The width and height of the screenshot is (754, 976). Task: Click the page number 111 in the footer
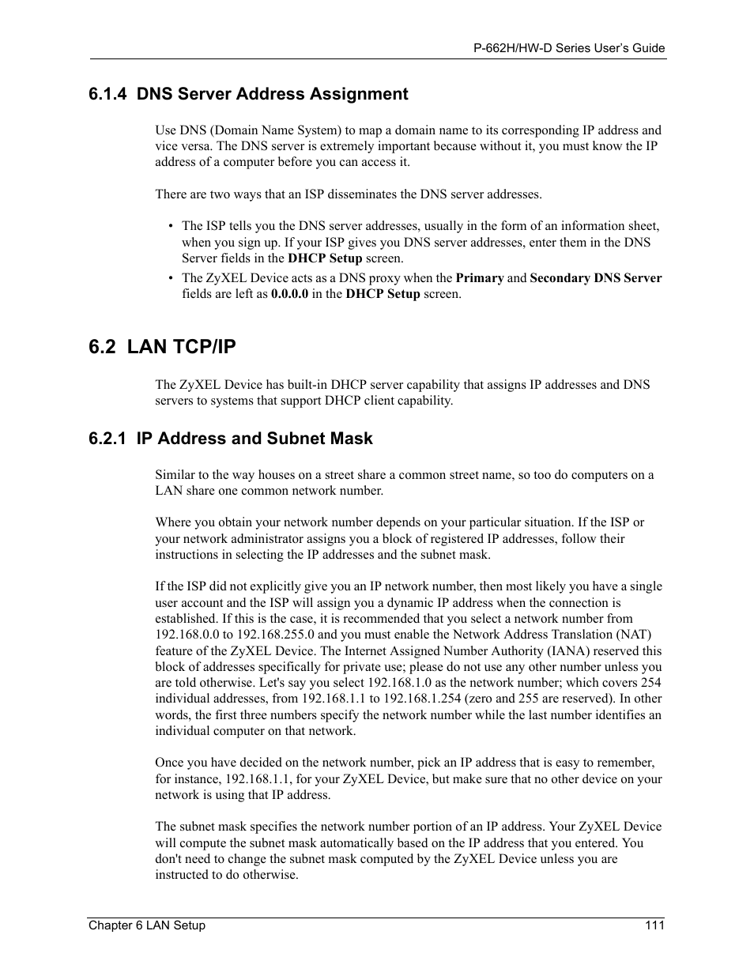point(655,925)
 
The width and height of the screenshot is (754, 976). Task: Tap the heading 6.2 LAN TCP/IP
point(162,347)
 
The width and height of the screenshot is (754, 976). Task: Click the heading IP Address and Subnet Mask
point(254,439)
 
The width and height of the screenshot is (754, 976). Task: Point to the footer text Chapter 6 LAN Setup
point(146,925)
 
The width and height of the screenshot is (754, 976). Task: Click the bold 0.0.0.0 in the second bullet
point(289,294)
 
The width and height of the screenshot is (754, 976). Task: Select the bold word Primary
point(480,278)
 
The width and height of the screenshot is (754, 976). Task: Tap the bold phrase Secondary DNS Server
point(596,278)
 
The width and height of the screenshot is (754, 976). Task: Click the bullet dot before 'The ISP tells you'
point(171,226)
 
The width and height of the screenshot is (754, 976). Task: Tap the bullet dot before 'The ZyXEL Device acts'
point(171,278)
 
